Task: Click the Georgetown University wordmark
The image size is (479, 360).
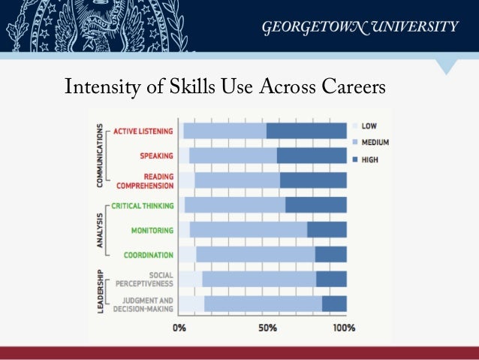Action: tap(359, 28)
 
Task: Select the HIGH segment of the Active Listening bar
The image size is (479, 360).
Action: tap(306, 131)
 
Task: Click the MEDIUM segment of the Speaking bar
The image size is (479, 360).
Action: tap(233, 156)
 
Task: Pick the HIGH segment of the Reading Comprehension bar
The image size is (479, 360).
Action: tap(313, 180)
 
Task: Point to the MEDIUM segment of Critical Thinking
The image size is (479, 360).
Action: tap(234, 205)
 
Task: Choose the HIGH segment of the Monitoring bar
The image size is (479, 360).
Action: tap(327, 229)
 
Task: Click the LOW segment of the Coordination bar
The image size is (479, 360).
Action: tap(187, 254)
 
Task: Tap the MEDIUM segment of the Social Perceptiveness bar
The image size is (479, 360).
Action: tap(259, 279)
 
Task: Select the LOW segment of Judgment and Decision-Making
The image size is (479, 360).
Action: tap(191, 304)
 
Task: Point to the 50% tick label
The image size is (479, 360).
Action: tap(268, 328)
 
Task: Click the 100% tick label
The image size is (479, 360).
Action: tap(343, 328)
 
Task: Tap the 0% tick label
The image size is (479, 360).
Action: tap(180, 328)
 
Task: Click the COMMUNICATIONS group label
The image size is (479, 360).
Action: tap(98, 156)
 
